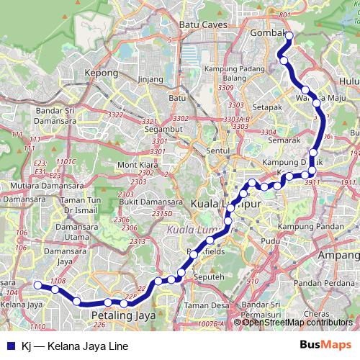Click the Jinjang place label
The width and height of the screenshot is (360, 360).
(149, 78)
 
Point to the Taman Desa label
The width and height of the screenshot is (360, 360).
(201, 305)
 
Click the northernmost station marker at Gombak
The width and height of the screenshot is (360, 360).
(289, 35)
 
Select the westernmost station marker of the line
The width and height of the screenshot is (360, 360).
(38, 285)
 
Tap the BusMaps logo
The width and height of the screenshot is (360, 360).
(325, 344)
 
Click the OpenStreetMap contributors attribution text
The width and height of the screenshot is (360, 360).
(298, 323)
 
